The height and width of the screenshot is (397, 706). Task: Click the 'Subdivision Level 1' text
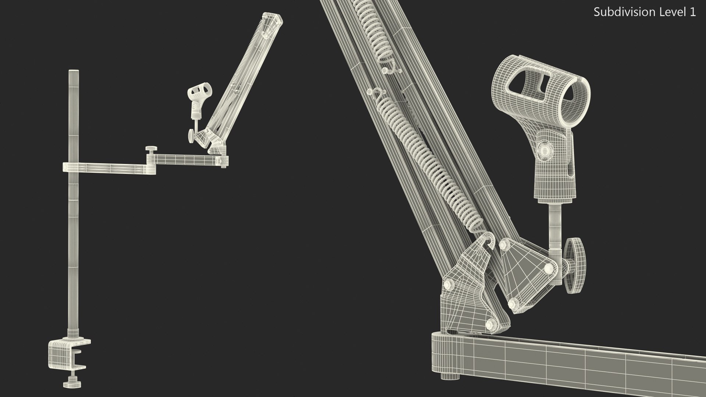coord(645,12)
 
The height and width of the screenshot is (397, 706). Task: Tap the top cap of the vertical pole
coord(74,71)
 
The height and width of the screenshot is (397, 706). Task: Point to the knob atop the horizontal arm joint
coord(151,149)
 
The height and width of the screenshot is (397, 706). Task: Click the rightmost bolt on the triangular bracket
coord(548,269)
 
